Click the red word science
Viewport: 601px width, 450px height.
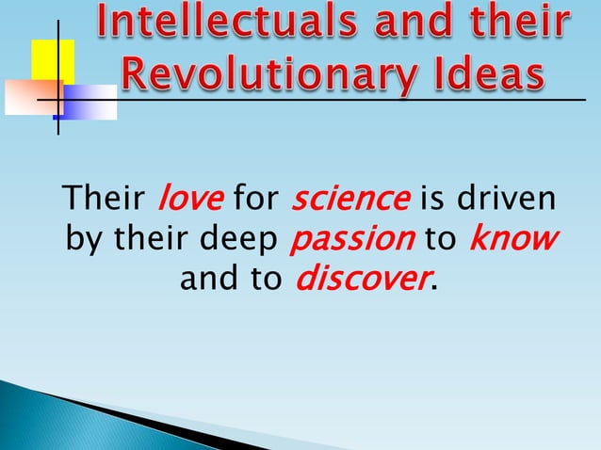(350, 200)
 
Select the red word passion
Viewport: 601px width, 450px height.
(350, 239)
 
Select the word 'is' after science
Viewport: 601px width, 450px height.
(431, 200)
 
